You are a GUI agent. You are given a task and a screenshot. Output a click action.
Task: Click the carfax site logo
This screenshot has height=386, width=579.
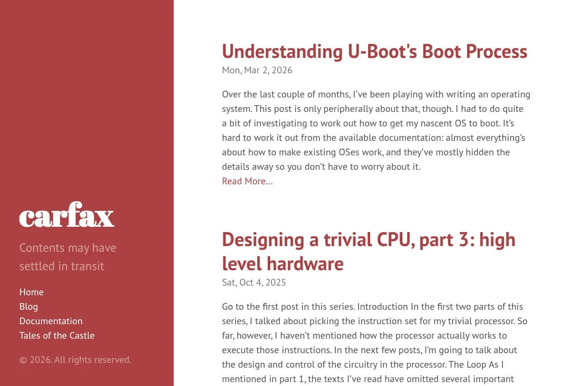click(x=67, y=214)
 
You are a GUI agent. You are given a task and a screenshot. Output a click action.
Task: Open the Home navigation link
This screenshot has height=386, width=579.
click(x=31, y=292)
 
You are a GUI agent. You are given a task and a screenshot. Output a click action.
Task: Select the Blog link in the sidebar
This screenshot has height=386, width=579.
click(x=28, y=306)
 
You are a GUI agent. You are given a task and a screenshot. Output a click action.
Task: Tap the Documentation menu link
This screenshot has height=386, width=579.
click(x=51, y=321)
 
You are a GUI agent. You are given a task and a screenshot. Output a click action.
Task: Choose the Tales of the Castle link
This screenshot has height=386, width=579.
click(x=57, y=336)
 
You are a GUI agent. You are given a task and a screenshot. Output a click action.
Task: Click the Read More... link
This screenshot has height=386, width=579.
click(x=248, y=181)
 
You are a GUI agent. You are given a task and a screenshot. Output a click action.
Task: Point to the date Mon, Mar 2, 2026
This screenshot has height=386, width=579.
click(x=257, y=70)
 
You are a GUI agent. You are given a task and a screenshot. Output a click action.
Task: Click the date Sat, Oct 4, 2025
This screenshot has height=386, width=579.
click(x=254, y=283)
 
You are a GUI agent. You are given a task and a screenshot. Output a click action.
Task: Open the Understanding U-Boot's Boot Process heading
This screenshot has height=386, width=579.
click(x=374, y=52)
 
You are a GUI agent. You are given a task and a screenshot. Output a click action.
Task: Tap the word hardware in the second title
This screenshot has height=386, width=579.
click(x=305, y=264)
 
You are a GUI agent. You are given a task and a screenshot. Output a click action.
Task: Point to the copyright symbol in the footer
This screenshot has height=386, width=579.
click(x=23, y=360)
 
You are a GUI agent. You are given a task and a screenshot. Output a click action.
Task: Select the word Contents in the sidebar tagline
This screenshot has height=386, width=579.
click(x=42, y=248)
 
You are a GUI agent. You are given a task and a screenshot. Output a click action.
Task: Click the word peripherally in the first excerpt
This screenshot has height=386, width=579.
click(x=348, y=109)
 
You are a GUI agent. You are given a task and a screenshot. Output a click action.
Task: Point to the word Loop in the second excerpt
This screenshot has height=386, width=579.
click(x=476, y=365)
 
